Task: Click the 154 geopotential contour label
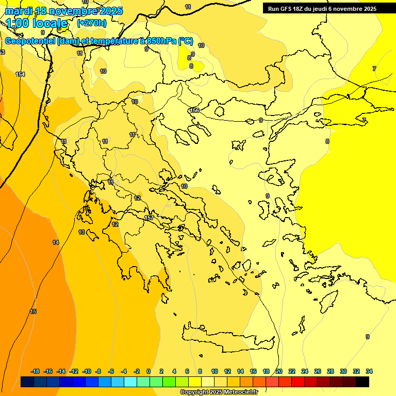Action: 20,75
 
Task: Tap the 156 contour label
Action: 194,110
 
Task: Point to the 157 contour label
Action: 149,218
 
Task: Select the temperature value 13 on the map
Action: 81,233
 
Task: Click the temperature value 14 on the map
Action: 56,242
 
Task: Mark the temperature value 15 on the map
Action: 34,311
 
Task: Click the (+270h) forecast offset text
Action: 91,23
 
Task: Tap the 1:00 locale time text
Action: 37,24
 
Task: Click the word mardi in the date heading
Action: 18,11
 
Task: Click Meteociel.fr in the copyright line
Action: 241,392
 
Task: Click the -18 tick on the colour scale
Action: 35,371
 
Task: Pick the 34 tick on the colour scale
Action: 369,371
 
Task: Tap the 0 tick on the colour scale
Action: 148,371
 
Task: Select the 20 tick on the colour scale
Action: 279,371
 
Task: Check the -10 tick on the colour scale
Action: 87,371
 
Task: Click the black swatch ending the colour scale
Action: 362,382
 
